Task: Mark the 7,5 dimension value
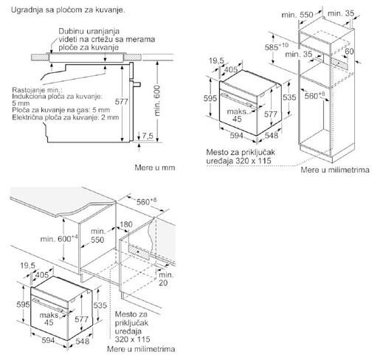pyautogui.click(x=148, y=136)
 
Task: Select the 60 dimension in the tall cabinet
pyautogui.click(x=350, y=52)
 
